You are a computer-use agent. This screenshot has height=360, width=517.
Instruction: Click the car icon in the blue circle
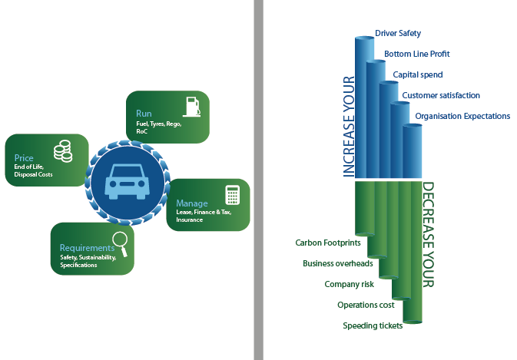tap(128, 182)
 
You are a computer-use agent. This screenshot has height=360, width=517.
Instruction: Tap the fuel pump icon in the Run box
tap(191, 106)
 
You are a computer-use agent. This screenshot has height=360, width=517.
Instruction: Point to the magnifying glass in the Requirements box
tap(118, 242)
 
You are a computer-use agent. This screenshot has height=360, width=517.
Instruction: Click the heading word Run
tap(143, 114)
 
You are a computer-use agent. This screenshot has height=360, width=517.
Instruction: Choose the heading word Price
tap(23, 157)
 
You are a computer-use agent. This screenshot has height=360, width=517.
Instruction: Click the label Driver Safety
tap(398, 34)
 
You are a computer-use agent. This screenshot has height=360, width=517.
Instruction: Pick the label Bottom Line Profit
tap(416, 54)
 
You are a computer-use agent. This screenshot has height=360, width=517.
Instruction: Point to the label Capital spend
tap(418, 74)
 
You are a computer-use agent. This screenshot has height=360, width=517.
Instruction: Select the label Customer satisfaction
tap(440, 95)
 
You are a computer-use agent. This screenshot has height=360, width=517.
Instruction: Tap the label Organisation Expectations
tap(462, 116)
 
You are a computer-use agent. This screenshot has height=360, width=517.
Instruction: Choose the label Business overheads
tap(338, 263)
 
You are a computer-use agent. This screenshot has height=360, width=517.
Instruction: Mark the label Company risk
tap(349, 284)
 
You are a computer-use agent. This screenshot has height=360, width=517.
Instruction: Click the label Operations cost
tap(366, 305)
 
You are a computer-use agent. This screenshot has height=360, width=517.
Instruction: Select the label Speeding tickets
tap(373, 325)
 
